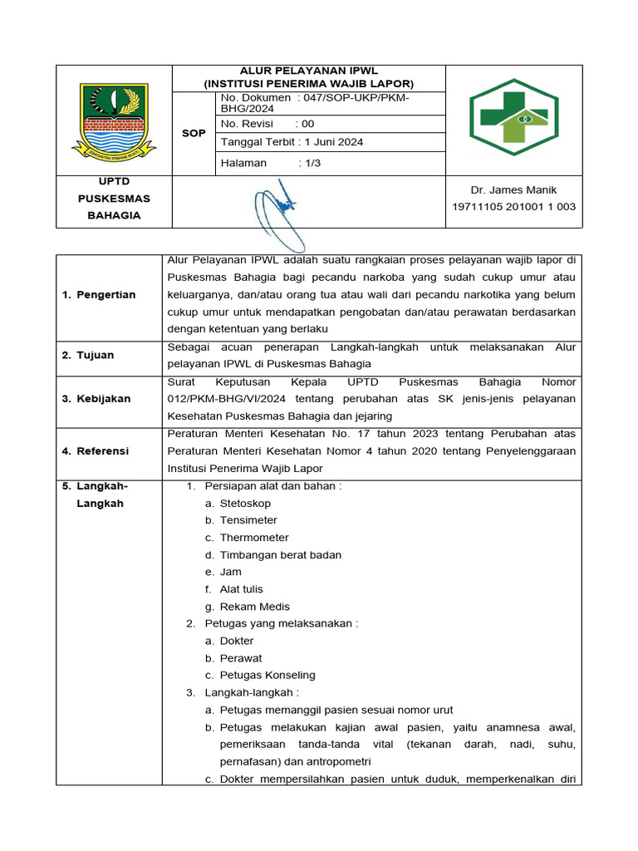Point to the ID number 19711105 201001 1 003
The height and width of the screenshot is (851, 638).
[513, 207]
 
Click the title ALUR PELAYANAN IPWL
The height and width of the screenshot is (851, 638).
[308, 71]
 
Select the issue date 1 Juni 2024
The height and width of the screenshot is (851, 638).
[334, 142]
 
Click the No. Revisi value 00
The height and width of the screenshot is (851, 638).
[308, 124]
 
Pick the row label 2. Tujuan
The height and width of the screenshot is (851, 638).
[88, 355]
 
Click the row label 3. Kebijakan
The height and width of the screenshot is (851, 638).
[96, 399]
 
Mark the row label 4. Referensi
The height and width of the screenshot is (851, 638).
[96, 450]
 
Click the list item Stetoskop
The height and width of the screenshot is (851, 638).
[245, 504]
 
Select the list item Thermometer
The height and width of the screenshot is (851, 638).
[254, 538]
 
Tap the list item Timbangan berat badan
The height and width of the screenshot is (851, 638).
[280, 555]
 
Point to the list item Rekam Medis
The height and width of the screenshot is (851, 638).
[254, 607]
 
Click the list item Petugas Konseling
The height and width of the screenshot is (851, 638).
[267, 675]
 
